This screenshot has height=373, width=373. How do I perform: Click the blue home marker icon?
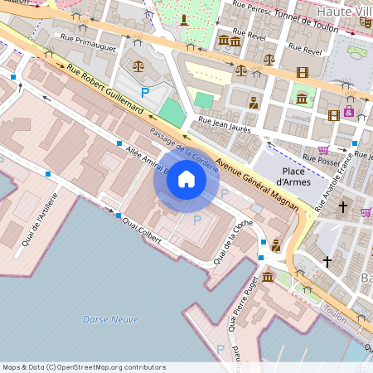tap(186, 179)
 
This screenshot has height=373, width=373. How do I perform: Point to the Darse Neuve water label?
tap(104, 319)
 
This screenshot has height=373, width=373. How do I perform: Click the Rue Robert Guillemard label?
tap(105, 89)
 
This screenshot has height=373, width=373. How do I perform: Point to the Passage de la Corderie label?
tap(184, 150)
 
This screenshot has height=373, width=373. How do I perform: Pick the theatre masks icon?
tap(366, 22)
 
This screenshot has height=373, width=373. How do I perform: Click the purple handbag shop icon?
tap(349, 112)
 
